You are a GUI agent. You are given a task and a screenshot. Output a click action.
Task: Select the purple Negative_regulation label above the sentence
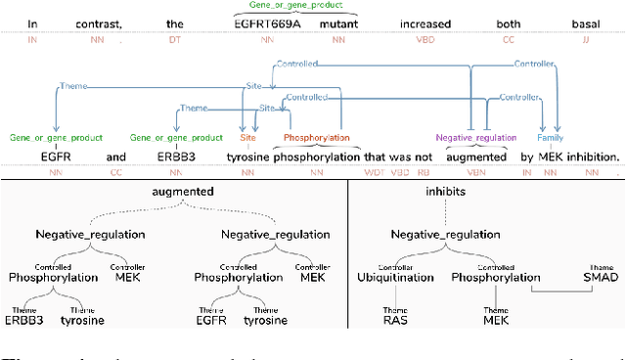(x=476, y=139)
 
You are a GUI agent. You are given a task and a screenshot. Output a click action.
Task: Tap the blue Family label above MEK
(x=550, y=139)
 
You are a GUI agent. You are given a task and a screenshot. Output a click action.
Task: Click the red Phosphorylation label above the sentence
(x=317, y=139)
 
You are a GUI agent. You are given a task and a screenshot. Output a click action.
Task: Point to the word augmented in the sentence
(x=476, y=156)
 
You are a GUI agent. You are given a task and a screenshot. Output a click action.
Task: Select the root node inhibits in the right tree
(x=446, y=193)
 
